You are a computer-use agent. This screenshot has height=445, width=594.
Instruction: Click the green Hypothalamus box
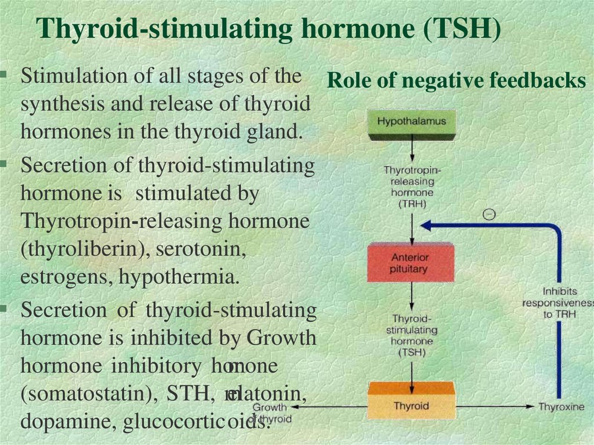411,124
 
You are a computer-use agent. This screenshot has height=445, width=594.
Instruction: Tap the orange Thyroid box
411,404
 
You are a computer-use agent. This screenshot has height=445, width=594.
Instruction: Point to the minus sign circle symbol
489,215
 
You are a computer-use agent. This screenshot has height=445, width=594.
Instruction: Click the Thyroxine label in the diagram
561,407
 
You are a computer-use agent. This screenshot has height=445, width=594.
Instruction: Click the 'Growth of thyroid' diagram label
270,413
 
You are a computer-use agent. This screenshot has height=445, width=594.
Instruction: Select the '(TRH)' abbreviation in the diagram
412,204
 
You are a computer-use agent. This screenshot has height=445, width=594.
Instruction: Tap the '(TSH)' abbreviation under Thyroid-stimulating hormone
412,352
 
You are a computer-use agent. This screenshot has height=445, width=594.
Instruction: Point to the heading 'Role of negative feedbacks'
457,81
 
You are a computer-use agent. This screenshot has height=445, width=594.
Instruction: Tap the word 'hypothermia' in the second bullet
179,277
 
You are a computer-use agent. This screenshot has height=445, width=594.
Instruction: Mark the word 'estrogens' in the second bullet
67,277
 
